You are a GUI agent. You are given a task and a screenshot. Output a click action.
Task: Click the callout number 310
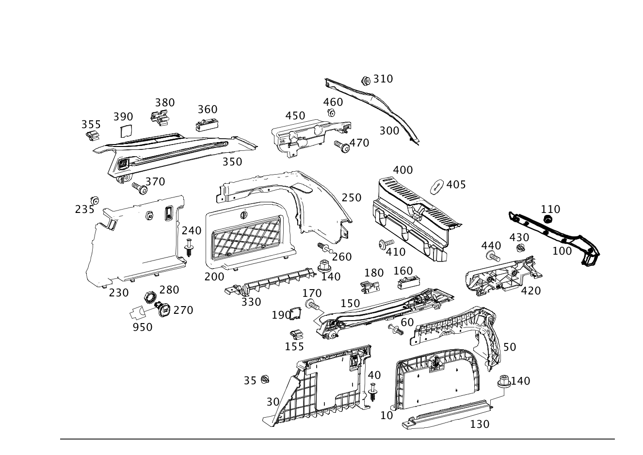(x=383, y=79)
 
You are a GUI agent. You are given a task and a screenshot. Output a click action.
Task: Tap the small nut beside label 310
(x=366, y=81)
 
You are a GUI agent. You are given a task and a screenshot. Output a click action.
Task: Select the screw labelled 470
(x=342, y=146)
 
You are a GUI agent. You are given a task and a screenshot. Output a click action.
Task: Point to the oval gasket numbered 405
(x=436, y=187)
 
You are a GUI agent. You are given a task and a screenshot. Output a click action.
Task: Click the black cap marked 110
(x=548, y=219)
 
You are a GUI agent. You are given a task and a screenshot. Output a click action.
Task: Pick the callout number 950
(x=143, y=327)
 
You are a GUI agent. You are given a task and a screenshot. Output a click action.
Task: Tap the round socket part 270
(x=162, y=309)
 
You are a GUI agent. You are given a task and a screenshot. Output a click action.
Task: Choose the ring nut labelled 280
(x=150, y=297)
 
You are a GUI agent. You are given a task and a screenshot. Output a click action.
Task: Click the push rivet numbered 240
(x=189, y=247)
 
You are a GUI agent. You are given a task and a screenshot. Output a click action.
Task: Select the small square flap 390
(x=126, y=131)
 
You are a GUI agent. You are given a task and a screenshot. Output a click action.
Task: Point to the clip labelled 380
(x=160, y=118)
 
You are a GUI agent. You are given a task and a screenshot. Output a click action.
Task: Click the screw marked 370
(x=140, y=189)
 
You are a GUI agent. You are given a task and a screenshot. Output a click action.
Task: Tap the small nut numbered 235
(x=95, y=200)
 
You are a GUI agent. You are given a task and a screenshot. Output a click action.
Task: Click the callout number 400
(x=403, y=170)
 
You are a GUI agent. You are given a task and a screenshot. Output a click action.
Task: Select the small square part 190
(x=295, y=313)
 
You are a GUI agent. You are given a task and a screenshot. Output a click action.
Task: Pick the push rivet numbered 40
(x=372, y=392)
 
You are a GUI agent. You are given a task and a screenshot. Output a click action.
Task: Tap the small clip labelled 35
(x=265, y=379)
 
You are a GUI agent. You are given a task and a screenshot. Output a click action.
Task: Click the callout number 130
(x=480, y=424)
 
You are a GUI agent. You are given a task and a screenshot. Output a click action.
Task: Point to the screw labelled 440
(x=493, y=256)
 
